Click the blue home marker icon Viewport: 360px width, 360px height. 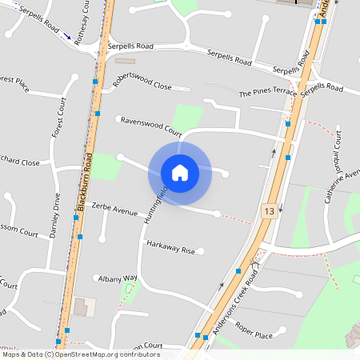click(x=180, y=172)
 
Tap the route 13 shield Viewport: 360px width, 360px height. click(x=268, y=211)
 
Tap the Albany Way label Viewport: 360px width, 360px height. click(x=118, y=278)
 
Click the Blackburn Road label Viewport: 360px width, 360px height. click(x=85, y=186)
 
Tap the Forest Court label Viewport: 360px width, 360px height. click(x=58, y=118)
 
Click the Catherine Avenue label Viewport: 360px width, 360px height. click(x=335, y=191)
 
